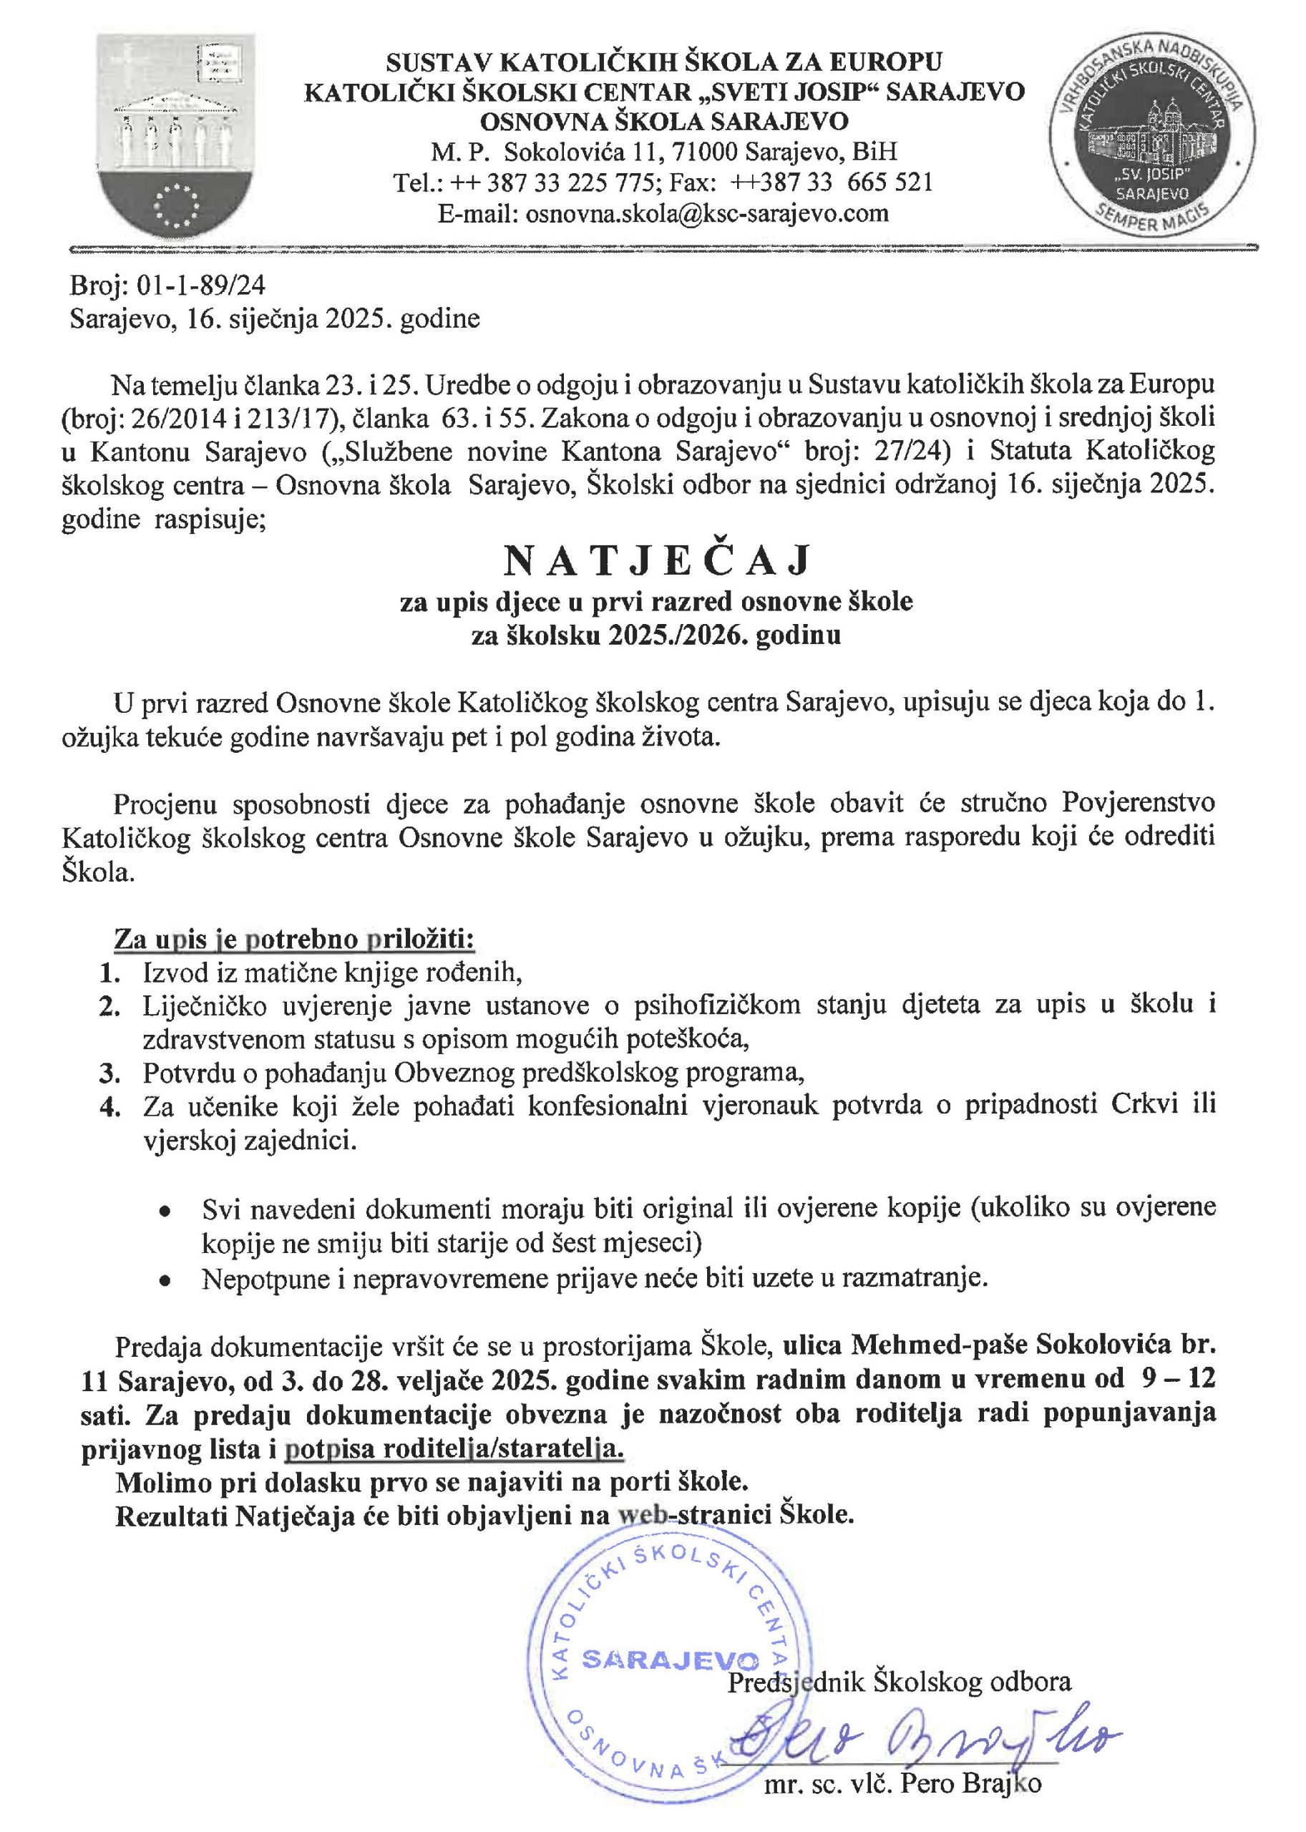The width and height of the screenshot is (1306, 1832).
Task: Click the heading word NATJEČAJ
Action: click(657, 561)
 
